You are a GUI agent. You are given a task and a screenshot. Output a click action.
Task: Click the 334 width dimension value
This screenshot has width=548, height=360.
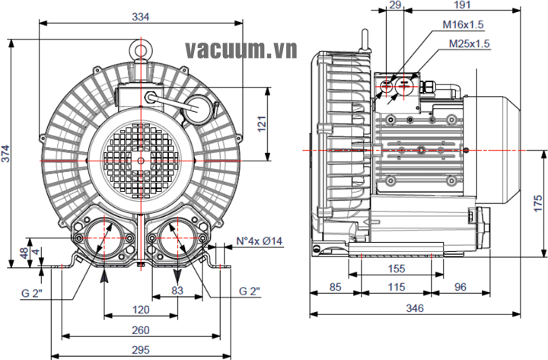coord(141,14)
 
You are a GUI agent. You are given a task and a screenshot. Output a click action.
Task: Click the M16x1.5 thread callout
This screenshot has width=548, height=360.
coord(464,24)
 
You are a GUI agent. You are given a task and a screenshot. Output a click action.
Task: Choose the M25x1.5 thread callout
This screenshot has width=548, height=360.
coord(468,43)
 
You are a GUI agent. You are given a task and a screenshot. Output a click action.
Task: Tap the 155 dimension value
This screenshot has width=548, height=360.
coord(395,269)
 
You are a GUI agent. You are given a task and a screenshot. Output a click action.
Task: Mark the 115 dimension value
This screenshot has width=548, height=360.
coord(395,287)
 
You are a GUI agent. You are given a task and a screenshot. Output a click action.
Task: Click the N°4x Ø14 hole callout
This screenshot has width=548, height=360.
coord(259,241)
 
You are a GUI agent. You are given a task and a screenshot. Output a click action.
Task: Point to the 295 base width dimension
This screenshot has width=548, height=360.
coord(140,349)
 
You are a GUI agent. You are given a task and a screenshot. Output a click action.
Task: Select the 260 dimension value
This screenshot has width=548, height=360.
coord(140,330)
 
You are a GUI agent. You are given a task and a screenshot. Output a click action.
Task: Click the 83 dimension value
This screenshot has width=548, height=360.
coord(177,290)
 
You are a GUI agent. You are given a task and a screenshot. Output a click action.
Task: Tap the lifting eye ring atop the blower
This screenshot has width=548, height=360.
coord(141,50)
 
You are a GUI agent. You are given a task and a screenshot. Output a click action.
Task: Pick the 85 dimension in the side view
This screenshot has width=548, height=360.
coord(335,287)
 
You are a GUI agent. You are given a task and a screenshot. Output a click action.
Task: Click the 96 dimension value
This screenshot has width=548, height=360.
coord(461,287)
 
